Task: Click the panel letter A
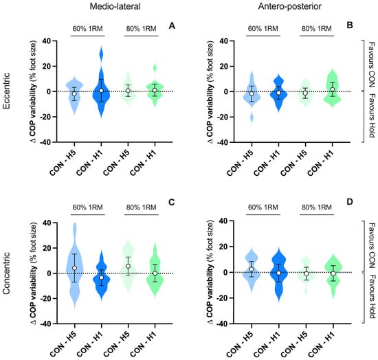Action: coord(172,25)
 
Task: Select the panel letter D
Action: coord(350,201)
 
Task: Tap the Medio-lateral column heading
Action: coord(115,6)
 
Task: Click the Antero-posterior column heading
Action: coord(289,6)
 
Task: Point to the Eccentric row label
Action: coord(6,91)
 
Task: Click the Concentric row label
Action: coord(6,273)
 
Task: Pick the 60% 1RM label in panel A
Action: coord(88,29)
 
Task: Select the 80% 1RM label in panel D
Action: coord(317,207)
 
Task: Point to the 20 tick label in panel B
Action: coord(225,66)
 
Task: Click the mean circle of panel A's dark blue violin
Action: coord(101,91)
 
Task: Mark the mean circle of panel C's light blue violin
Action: coord(74,268)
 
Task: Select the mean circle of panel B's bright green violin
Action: coord(333,89)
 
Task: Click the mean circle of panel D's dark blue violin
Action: coord(278,273)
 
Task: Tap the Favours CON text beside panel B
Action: coord(372,65)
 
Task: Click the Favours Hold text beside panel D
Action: coord(372,296)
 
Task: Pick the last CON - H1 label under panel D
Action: coord(322,344)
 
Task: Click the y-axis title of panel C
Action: coord(33,273)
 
